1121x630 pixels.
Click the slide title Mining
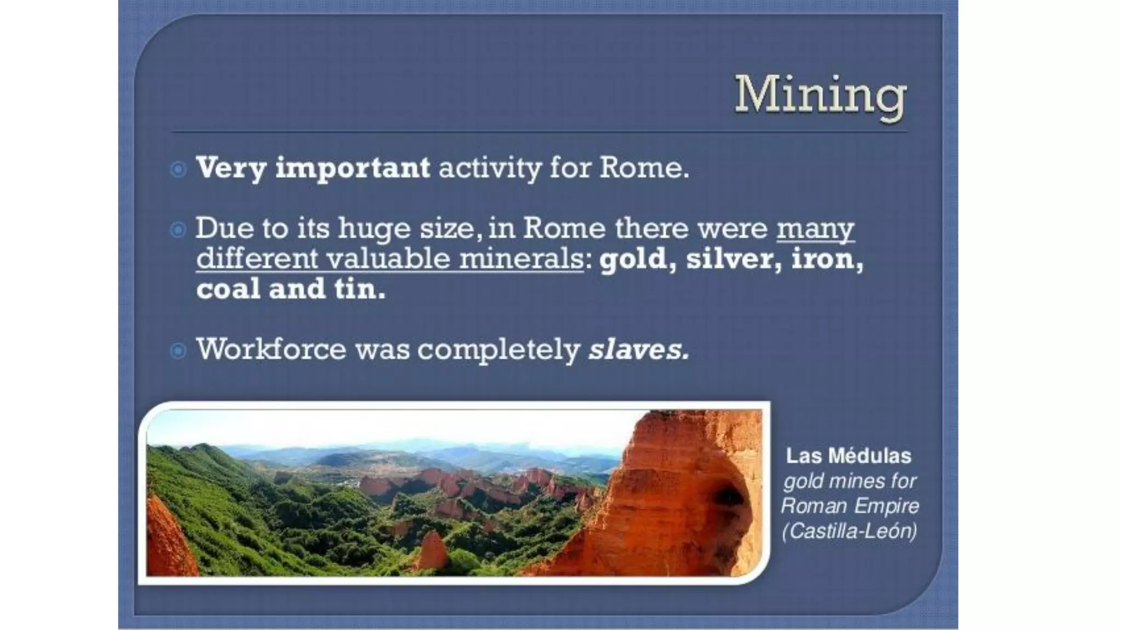pos(820,96)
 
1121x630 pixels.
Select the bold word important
pos(353,168)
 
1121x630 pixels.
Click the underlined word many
pos(815,229)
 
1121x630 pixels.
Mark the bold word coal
pos(228,288)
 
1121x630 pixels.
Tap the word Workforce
pos(271,349)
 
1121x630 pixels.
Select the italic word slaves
pos(638,349)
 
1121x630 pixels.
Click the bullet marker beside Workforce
pos(178,350)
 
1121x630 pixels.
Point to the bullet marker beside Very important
pos(178,169)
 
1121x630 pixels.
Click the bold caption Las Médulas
pos(848,456)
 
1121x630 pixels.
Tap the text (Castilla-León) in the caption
pos(849,530)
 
